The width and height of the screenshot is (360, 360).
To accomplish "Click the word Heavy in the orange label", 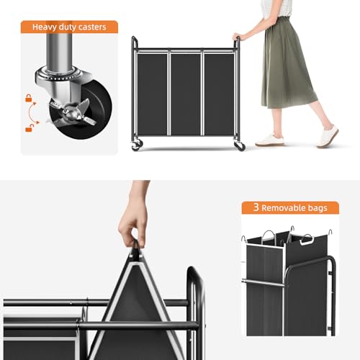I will tap(47, 27).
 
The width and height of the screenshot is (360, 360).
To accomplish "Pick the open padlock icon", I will tap(29, 127).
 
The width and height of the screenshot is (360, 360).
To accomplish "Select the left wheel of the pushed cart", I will tap(136, 145).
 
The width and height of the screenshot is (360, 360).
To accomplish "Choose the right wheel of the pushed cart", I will tap(240, 145).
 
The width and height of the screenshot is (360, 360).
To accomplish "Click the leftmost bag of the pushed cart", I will tap(153, 93).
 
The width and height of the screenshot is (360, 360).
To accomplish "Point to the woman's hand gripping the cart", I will tap(237, 36).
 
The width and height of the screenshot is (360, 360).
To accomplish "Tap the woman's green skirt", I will tap(285, 65).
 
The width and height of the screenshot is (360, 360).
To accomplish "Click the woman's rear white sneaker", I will tap(328, 135).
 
